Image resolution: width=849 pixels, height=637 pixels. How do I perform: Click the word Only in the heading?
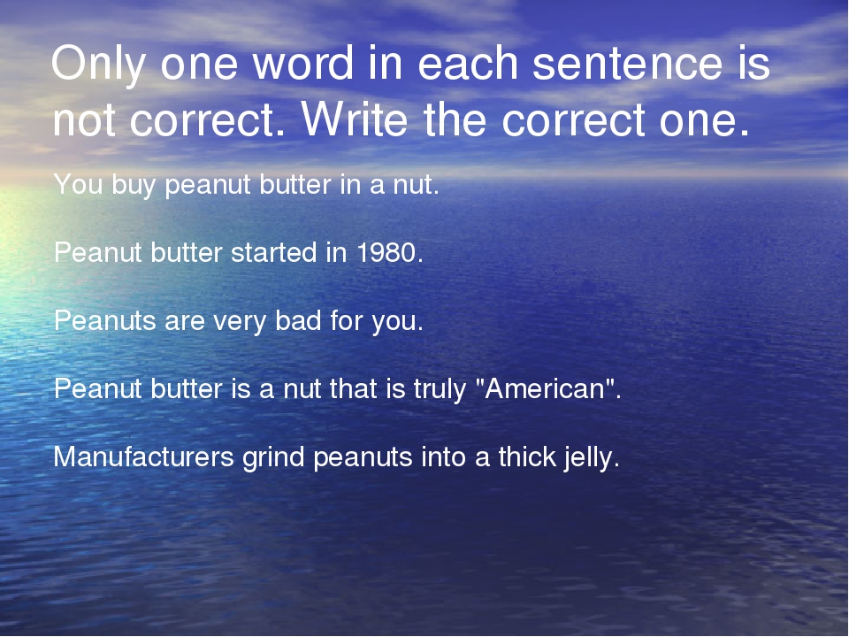(x=98, y=65)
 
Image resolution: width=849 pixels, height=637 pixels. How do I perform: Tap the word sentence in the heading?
(x=627, y=64)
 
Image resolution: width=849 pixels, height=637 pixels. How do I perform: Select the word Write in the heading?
(x=354, y=119)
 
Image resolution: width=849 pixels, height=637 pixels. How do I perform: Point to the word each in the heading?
(x=468, y=63)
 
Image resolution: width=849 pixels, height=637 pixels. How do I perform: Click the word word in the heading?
(x=302, y=63)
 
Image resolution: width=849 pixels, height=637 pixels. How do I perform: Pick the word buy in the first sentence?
(x=134, y=186)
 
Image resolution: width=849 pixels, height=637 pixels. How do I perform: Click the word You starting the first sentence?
(x=78, y=184)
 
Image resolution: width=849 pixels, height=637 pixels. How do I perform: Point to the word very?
(x=240, y=322)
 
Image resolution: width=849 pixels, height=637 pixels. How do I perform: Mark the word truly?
(x=440, y=390)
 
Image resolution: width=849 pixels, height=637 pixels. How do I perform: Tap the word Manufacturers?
(x=143, y=457)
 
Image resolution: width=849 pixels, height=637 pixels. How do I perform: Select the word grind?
(x=273, y=457)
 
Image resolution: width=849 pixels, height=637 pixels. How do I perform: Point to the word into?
(x=443, y=457)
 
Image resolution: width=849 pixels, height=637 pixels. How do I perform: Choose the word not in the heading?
(x=83, y=120)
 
